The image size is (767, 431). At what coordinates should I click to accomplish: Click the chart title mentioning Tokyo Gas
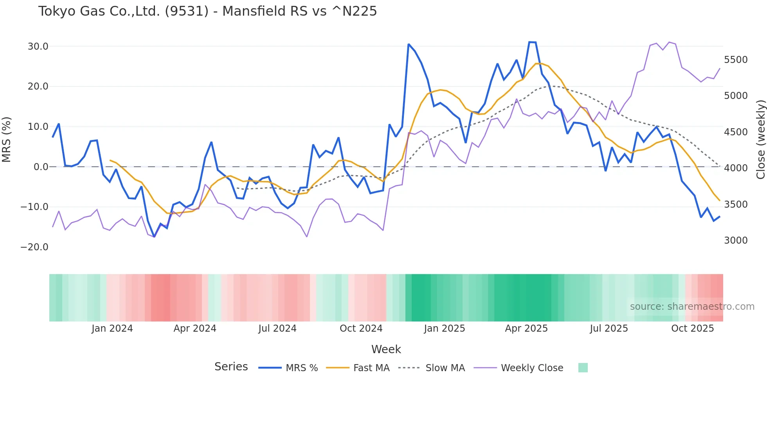pos(207,11)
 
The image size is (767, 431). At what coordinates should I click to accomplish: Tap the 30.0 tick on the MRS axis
pos(38,47)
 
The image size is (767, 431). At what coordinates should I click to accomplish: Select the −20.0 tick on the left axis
pos(34,247)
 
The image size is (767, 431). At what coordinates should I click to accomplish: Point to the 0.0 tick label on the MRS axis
pos(41,167)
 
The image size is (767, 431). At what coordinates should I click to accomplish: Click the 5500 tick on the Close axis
pos(736,60)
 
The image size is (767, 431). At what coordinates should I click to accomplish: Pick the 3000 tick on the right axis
pos(736,241)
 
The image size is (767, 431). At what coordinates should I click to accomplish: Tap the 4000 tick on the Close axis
pos(736,168)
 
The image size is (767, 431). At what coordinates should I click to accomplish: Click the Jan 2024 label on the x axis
pos(112,329)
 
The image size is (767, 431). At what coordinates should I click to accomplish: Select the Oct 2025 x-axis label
pos(692,329)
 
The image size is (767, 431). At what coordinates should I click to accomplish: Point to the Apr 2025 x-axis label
pos(526,329)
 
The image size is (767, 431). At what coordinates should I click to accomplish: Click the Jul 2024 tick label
pos(277,329)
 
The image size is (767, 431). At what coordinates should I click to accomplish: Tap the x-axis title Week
pos(386,349)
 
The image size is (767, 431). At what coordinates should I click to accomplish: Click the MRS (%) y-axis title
pos(7,140)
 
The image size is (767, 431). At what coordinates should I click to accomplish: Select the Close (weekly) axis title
pos(760,140)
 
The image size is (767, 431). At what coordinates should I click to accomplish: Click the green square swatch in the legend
pos(583,368)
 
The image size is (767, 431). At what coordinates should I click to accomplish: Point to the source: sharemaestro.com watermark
pos(692,307)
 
